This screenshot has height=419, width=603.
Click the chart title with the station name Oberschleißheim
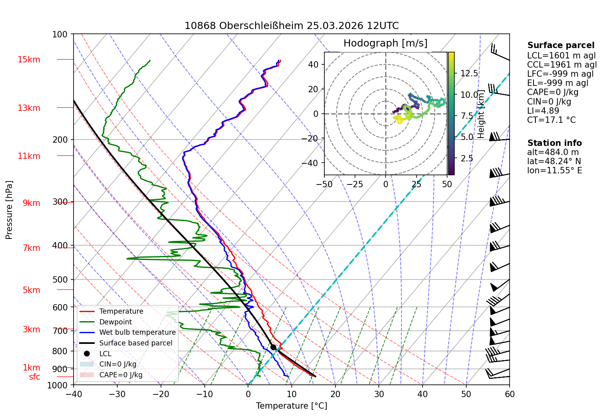pyautogui.click(x=291, y=26)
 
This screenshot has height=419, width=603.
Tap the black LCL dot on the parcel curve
pyautogui.click(x=273, y=347)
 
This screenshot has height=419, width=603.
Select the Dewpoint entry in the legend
pyautogui.click(x=116, y=322)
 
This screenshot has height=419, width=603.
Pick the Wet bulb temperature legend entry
pyautogui.click(x=137, y=333)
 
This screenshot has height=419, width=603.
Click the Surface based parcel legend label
pyautogui.click(x=136, y=343)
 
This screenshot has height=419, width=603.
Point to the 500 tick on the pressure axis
pyautogui.click(x=60, y=280)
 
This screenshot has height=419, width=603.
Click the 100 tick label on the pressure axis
pyautogui.click(x=60, y=35)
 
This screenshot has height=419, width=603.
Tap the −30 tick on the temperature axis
pyautogui.click(x=117, y=394)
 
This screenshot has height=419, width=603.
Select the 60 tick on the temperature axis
pyautogui.click(x=510, y=394)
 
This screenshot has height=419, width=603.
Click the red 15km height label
pyautogui.click(x=29, y=60)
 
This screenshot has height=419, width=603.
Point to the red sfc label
pyautogui.click(x=35, y=377)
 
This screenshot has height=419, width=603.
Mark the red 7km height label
pyautogui.click(x=31, y=248)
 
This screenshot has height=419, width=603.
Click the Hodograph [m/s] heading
pyautogui.click(x=386, y=43)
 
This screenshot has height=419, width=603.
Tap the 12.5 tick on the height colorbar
pyautogui.click(x=469, y=74)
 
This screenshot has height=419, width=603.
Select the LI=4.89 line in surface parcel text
pyautogui.click(x=543, y=111)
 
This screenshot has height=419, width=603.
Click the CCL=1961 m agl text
pyautogui.click(x=562, y=65)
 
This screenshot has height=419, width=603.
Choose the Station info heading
pyautogui.click(x=555, y=143)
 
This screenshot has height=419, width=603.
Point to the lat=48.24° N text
pyautogui.click(x=554, y=161)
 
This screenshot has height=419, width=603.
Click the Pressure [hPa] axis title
pyautogui.click(x=9, y=210)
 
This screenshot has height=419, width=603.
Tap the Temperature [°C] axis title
pyautogui.click(x=291, y=406)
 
